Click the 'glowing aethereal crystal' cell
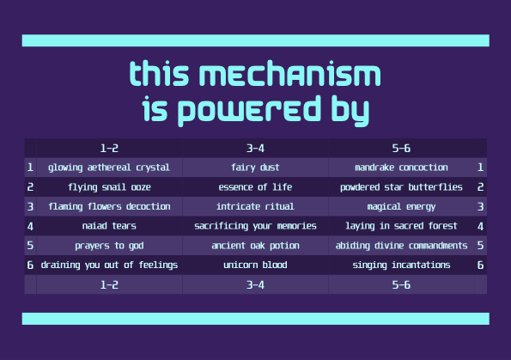coord(109,168)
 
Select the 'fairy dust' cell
coord(255,168)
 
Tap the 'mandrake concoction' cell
coord(401,168)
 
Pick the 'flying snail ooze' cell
coord(109,187)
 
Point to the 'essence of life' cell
coord(255,187)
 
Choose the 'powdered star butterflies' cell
coord(401,187)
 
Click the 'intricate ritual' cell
coord(255,206)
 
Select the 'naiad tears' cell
coord(109,226)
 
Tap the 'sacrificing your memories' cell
coord(255,226)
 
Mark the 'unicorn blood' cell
coord(255,265)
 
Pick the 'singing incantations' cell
coord(401,265)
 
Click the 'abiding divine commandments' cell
coord(401,246)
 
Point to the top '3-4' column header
coord(255,149)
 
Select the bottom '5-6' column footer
coord(401,284)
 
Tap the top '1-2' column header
coord(109,149)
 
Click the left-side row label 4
coord(30,226)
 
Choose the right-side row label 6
coord(480,265)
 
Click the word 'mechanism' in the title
coord(289,74)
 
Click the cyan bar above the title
coord(256,40)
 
